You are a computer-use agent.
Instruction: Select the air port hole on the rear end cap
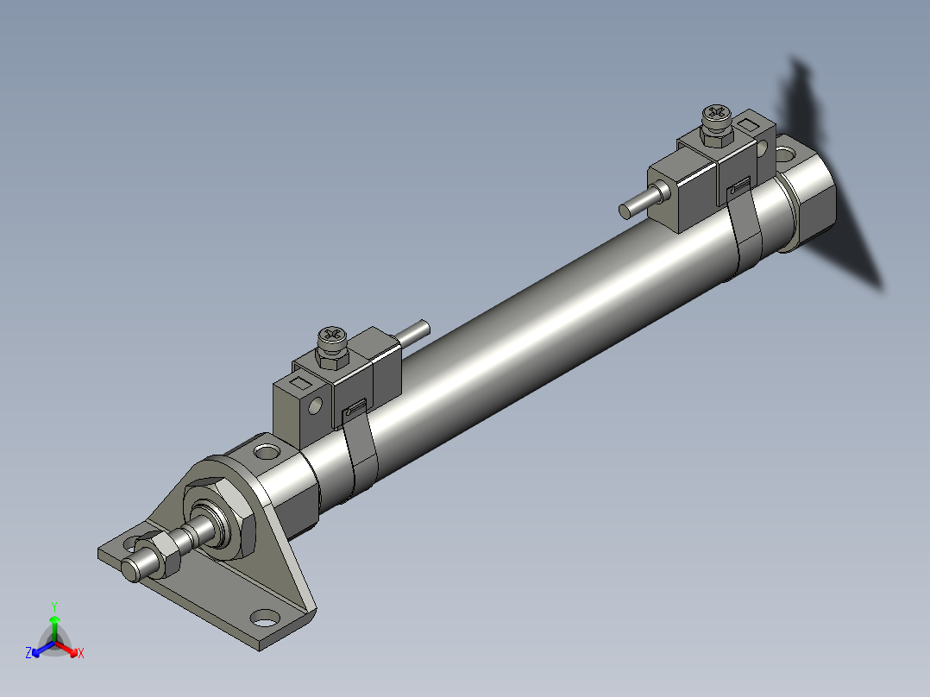click(x=787, y=154)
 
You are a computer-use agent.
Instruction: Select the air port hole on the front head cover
click(x=268, y=451)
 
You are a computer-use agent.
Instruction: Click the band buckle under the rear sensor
click(x=739, y=186)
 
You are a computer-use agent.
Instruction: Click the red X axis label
click(x=80, y=653)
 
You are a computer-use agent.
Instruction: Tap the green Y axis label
click(x=53, y=606)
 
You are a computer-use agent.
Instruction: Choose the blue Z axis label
click(x=28, y=653)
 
